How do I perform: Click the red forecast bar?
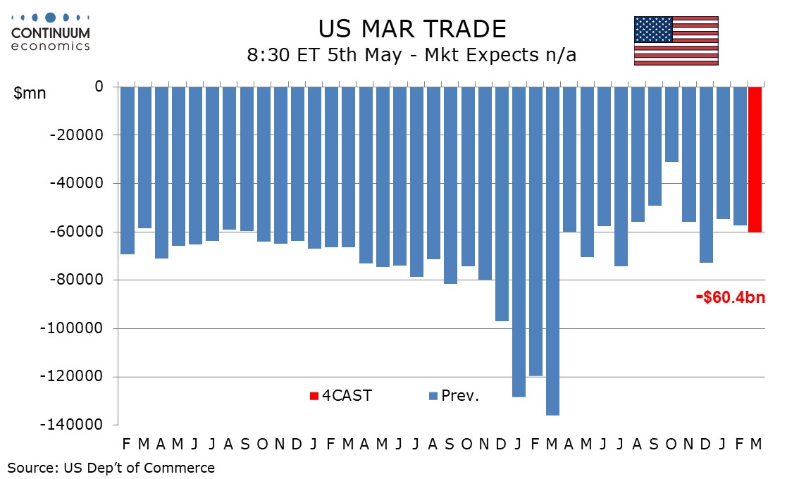[x=755, y=159]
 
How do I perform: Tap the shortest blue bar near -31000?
[x=671, y=124]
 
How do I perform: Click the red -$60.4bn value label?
[x=730, y=298]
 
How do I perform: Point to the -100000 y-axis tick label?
[x=77, y=328]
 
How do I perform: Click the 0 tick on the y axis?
[x=99, y=87]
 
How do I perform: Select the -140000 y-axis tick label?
[x=77, y=425]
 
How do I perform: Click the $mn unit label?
[x=30, y=92]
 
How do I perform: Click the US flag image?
[x=676, y=41]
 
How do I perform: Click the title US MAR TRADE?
[x=411, y=29]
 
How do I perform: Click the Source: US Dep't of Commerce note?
[x=111, y=467]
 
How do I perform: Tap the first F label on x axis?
[x=126, y=444]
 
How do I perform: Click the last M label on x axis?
[x=756, y=444]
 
